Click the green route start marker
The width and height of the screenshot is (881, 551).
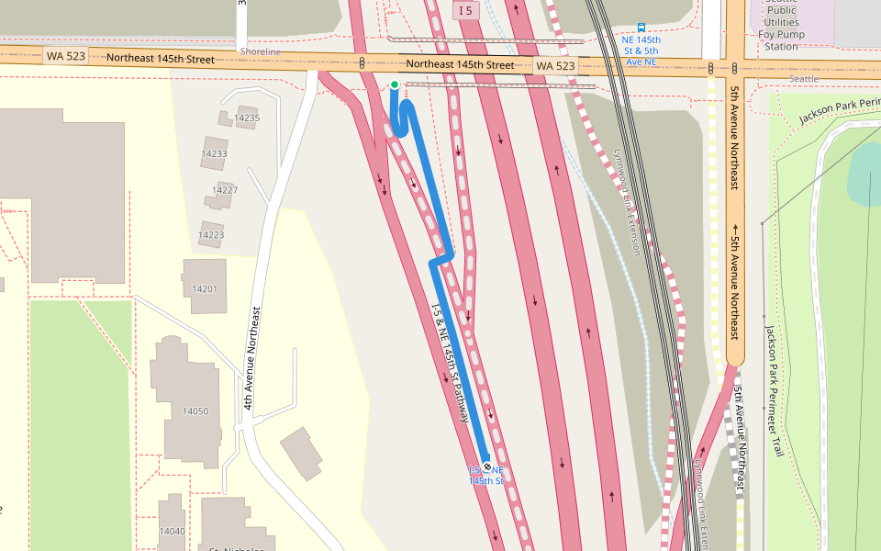[x=395, y=84]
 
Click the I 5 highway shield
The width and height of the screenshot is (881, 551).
[x=466, y=10]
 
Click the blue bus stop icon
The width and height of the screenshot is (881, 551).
[x=641, y=28]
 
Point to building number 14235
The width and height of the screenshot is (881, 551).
[x=247, y=118]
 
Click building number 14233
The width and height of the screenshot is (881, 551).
[x=214, y=153]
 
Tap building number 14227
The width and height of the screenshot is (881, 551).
[x=225, y=190]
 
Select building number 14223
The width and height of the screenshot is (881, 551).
[x=210, y=235]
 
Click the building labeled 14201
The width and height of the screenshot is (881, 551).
[x=205, y=289]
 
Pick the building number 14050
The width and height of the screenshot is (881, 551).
[x=195, y=410]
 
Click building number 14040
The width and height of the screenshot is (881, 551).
[x=172, y=531]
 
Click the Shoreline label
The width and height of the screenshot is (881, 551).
[x=261, y=52]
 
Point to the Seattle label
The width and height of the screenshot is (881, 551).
[x=803, y=79]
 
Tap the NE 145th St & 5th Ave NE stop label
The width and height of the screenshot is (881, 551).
[x=641, y=51]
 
